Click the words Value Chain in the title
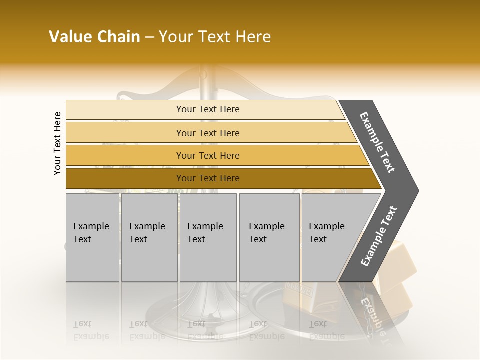94,37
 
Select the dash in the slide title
149,37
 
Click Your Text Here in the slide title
215,37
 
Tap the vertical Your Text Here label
58,144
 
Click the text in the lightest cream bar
208,109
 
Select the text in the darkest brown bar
208,178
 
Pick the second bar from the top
208,133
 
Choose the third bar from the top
208,155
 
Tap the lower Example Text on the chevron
378,236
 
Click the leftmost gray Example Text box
92,237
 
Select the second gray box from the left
149,237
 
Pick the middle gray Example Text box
208,237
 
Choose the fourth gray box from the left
269,237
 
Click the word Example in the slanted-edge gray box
327,226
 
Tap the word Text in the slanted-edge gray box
318,239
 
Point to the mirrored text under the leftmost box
91,331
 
